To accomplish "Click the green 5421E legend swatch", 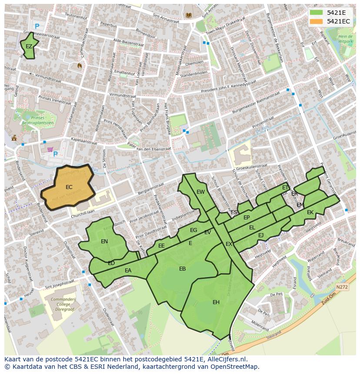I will click(x=317, y=13).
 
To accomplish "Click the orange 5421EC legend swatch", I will click(x=317, y=21).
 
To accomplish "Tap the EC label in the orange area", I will click(x=69, y=187).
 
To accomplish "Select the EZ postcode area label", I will click(x=29, y=46).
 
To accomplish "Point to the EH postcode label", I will click(x=216, y=302).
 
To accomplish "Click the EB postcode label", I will click(x=182, y=269).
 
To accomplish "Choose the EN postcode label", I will click(x=104, y=242).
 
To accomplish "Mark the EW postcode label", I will click(x=200, y=192).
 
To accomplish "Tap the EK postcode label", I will click(x=310, y=212).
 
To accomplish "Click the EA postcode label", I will click(x=128, y=271).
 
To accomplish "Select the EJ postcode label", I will click(x=261, y=235).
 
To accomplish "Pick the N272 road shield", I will click(x=343, y=287).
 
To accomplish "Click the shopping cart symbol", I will click(x=50, y=150).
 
